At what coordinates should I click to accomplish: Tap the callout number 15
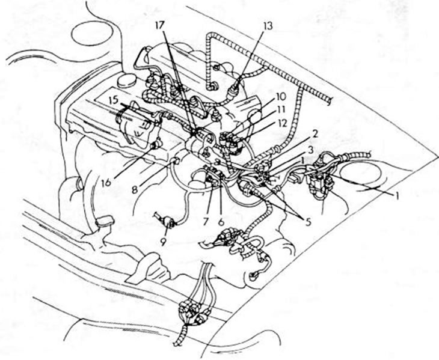point(114,99)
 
